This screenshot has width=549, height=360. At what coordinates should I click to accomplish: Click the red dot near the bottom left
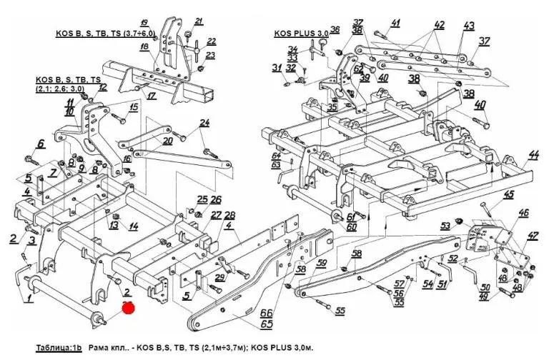pyautogui.click(x=128, y=308)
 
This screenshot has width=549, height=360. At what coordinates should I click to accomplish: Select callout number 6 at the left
pyautogui.click(x=40, y=144)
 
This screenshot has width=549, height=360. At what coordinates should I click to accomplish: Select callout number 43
pyautogui.click(x=469, y=26)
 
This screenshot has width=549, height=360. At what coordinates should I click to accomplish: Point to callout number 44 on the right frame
pyautogui.click(x=533, y=155)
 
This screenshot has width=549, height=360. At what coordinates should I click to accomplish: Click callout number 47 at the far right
pyautogui.click(x=533, y=236)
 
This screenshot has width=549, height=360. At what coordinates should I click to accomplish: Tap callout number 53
pyautogui.click(x=445, y=226)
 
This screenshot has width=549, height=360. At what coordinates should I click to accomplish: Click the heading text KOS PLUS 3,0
pyautogui.click(x=301, y=34)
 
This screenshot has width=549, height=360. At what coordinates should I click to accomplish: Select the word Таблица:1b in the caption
pyautogui.click(x=59, y=346)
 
